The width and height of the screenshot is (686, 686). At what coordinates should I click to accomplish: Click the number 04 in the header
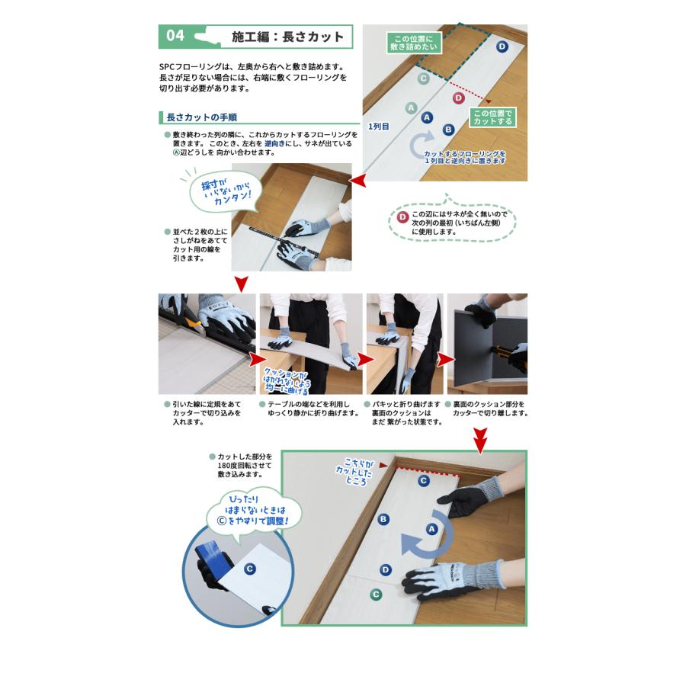point(175,36)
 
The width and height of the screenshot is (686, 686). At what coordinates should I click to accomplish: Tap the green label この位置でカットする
point(492,117)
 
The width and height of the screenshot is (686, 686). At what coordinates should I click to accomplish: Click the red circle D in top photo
point(458,98)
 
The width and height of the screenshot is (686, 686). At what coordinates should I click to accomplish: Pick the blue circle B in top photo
point(448,130)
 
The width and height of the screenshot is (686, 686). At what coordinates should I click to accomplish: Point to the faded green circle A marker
point(412,108)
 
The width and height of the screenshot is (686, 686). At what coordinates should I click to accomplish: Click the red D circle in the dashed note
point(403,216)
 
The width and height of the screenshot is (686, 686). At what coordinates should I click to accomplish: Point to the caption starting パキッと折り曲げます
point(402,413)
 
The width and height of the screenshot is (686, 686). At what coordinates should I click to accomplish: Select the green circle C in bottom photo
point(375,595)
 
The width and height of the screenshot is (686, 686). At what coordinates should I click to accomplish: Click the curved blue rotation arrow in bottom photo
point(423,541)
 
